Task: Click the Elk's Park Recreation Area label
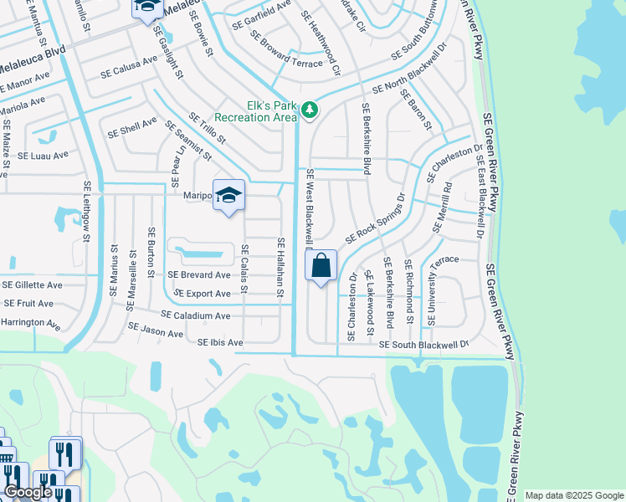256,111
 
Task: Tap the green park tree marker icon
310,110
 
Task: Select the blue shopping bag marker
322,267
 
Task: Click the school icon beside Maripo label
228,196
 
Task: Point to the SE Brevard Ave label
198,275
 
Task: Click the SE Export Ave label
202,295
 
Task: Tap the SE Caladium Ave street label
195,316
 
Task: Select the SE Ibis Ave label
220,343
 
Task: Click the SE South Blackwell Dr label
423,344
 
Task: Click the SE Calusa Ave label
129,61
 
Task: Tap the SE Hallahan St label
280,267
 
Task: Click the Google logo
28,492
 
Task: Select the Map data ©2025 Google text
574,495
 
